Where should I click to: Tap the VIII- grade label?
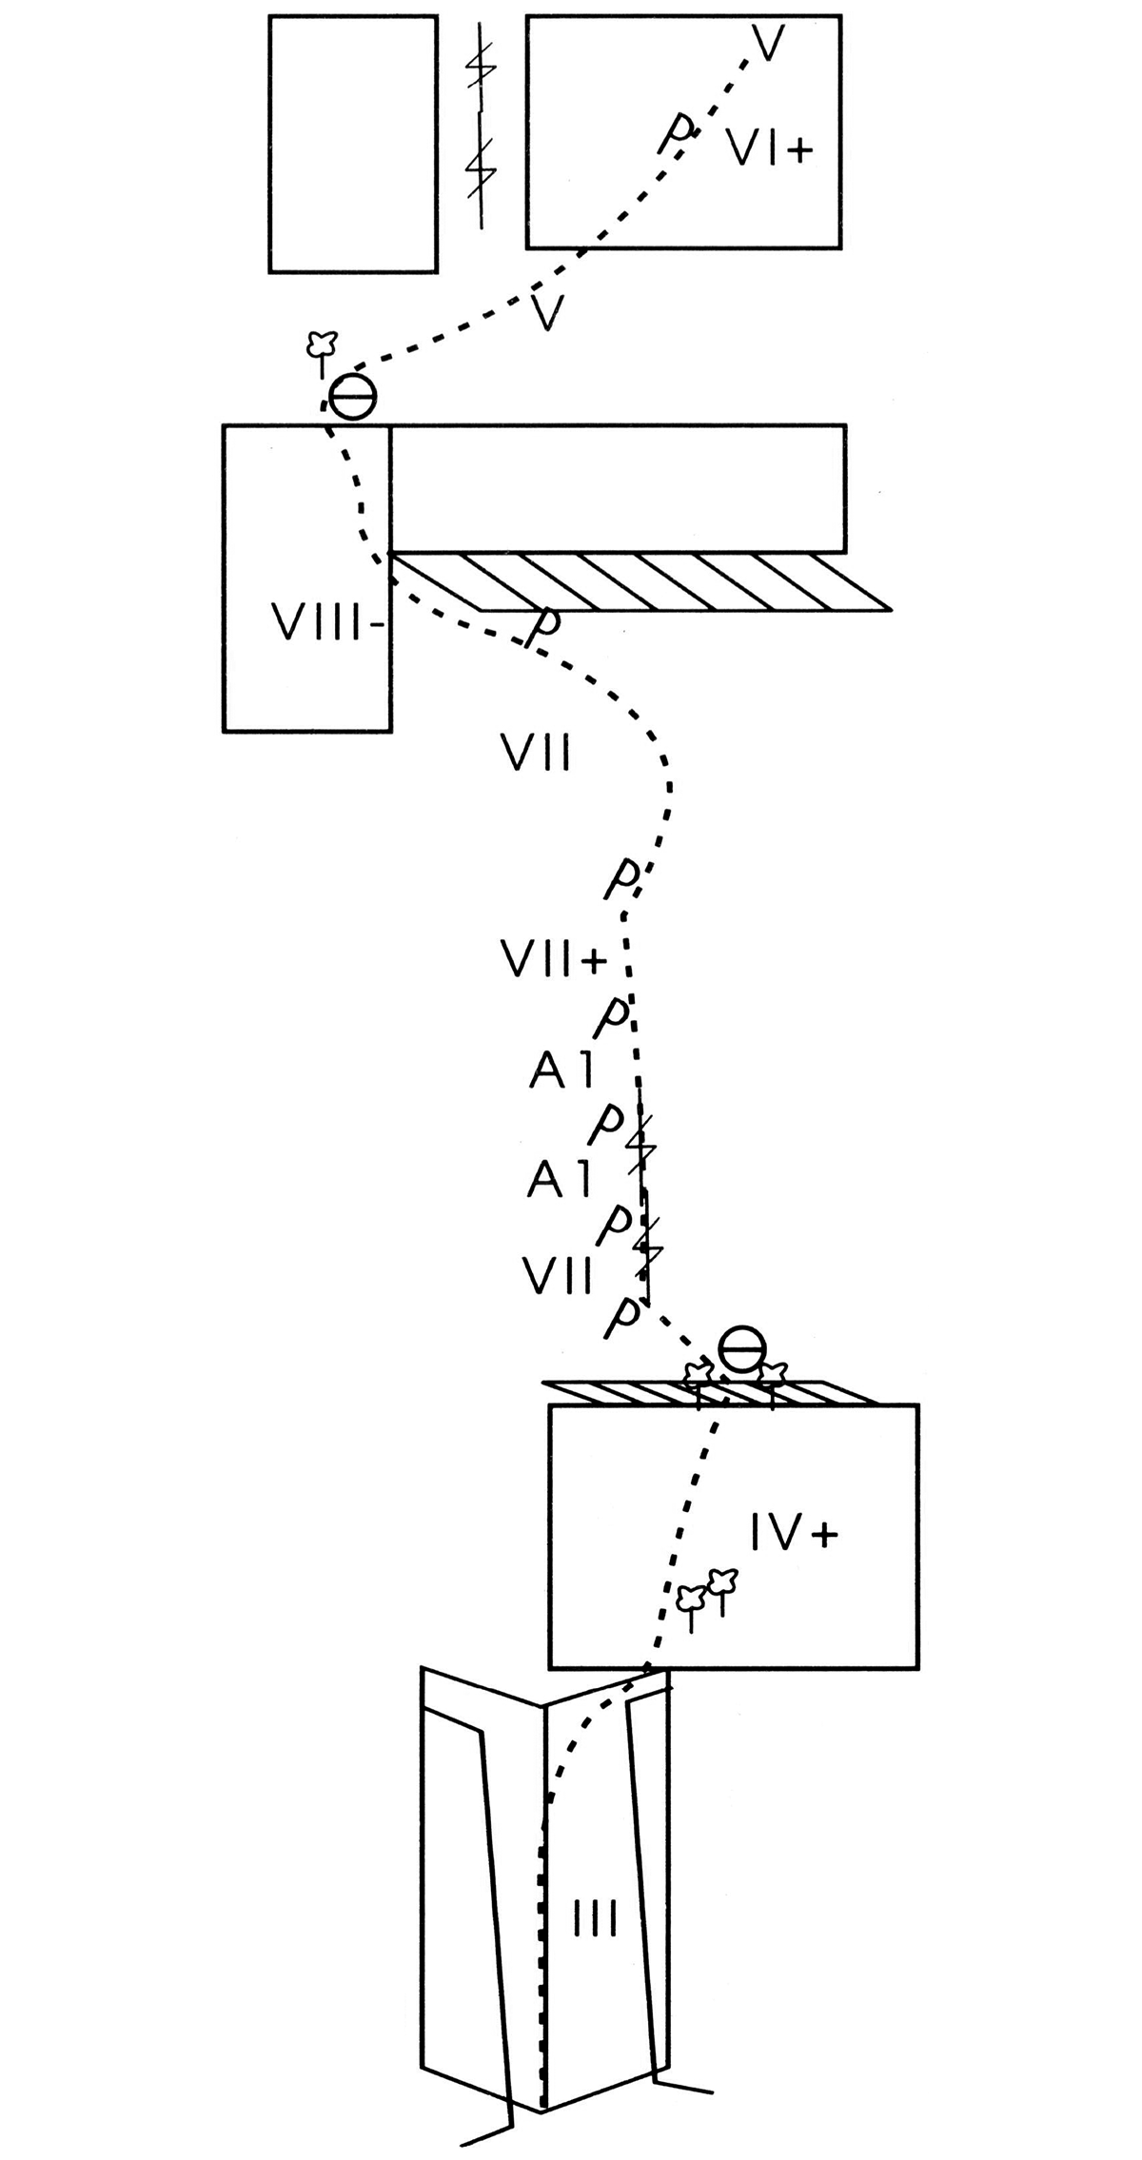(328, 624)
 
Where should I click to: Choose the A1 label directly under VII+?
(561, 1071)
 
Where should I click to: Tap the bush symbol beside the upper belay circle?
(321, 345)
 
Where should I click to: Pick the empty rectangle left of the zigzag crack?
(353, 144)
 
